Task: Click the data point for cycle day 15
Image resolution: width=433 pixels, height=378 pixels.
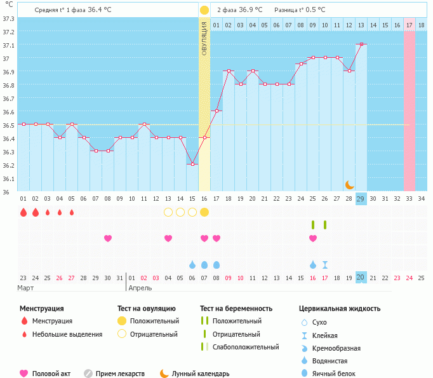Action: click(192, 164)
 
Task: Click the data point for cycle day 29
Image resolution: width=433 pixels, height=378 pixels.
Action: click(361, 44)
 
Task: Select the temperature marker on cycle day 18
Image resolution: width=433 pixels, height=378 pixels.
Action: click(229, 71)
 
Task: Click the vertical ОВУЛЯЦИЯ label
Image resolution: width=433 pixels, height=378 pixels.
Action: click(204, 38)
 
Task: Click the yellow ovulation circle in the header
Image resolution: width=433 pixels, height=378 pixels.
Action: click(204, 10)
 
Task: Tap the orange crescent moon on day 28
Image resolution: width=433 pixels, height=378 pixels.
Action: click(349, 184)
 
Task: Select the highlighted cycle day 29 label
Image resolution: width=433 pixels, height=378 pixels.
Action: click(361, 198)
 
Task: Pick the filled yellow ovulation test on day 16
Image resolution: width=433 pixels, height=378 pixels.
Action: click(204, 212)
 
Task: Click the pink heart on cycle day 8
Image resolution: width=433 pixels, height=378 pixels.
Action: click(108, 238)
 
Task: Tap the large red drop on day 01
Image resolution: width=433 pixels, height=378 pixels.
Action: click(23, 212)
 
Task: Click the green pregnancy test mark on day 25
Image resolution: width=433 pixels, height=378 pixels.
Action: click(313, 224)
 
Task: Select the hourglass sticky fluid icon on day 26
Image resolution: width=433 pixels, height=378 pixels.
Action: click(325, 264)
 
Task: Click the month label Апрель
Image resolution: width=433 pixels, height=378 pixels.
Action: click(140, 288)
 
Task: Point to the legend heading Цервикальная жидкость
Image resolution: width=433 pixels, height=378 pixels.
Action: click(340, 309)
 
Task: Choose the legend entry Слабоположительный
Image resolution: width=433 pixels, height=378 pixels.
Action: click(246, 347)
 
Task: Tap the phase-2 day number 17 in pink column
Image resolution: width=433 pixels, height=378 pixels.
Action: click(410, 25)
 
